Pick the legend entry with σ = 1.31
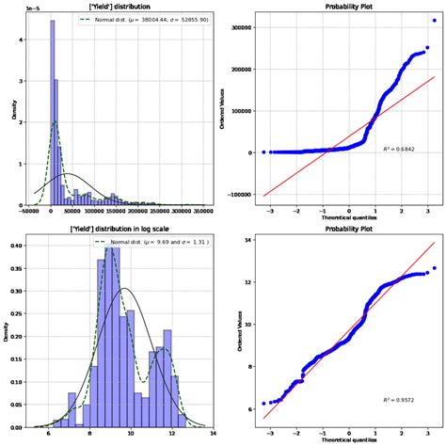pyautogui.click(x=151, y=243)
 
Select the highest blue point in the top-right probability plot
pyautogui.click(x=433, y=31)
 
